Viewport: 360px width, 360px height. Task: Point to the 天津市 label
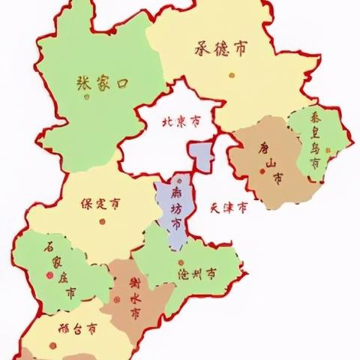click(x=228, y=207)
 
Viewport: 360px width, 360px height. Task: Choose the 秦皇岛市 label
click(x=315, y=142)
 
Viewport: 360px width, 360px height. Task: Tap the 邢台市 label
click(x=77, y=328)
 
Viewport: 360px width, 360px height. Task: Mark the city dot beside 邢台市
click(x=53, y=345)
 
